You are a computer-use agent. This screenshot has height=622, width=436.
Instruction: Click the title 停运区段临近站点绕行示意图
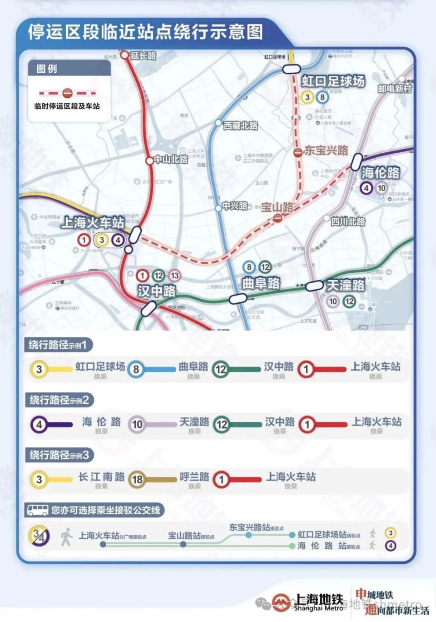tap(145, 32)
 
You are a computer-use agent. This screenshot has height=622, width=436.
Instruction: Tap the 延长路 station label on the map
tap(143, 55)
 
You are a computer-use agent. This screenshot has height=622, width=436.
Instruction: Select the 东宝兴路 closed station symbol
tap(297, 152)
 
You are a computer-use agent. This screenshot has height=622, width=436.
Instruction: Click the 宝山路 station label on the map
tap(277, 207)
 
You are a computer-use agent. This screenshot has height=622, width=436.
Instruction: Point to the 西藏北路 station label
tap(240, 125)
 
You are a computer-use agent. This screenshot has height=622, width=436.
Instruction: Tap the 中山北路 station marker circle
tap(149, 161)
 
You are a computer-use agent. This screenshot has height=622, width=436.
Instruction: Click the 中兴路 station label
tap(235, 206)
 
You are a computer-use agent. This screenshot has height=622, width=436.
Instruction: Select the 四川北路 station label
tap(348, 221)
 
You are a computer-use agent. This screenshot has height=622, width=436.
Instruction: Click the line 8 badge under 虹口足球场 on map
tap(322, 97)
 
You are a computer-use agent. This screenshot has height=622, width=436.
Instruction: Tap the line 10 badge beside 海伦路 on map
tap(381, 188)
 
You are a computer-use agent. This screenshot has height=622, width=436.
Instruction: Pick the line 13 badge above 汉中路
tap(174, 275)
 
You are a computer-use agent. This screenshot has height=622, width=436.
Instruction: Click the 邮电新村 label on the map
tap(394, 89)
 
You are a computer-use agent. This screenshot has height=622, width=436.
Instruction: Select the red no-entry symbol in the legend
tap(67, 93)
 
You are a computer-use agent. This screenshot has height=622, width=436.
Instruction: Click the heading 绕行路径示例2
tap(59, 400)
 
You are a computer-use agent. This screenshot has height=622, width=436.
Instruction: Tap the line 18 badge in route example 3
tap(137, 479)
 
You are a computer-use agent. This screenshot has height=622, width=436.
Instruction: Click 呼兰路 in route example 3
tap(194, 477)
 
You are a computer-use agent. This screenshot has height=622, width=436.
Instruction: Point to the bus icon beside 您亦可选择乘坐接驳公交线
tap(38, 510)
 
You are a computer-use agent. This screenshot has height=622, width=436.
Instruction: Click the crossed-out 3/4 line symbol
tap(40, 536)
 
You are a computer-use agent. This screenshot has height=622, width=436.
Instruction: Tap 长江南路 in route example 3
tap(101, 477)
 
